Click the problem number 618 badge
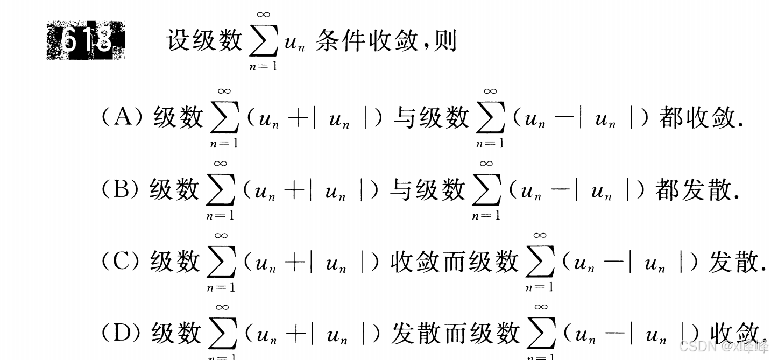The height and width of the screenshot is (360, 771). [x=86, y=40]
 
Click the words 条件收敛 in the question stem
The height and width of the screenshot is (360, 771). [x=366, y=40]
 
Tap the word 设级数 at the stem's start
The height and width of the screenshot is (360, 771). [x=204, y=40]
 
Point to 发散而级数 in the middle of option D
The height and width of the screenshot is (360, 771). [x=455, y=333]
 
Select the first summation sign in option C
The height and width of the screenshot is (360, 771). [x=221, y=262]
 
